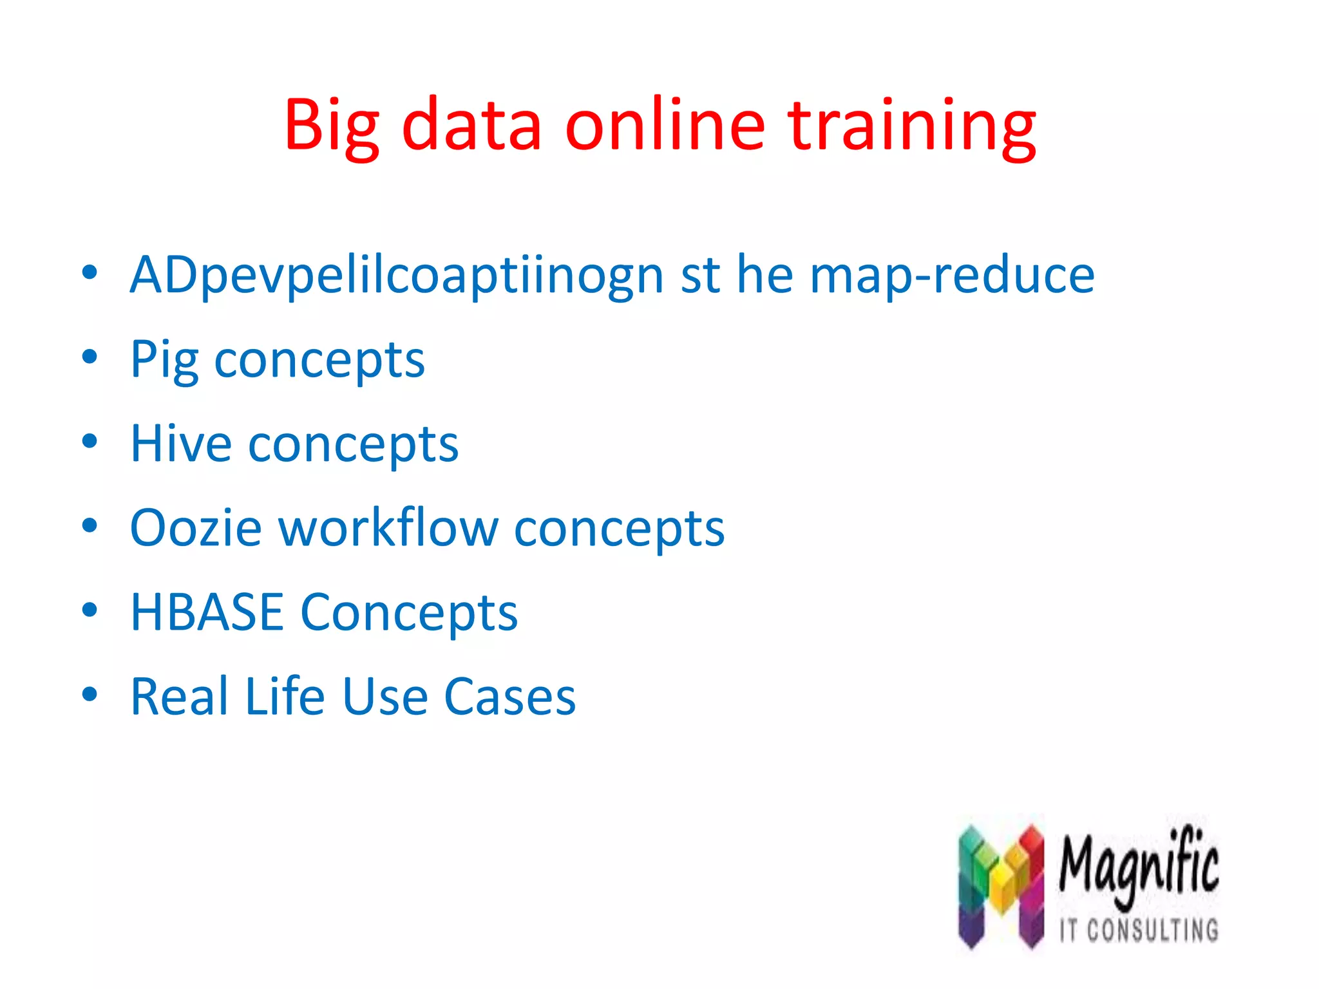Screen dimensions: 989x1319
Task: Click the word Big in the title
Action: point(332,126)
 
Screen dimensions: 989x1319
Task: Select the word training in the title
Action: point(912,126)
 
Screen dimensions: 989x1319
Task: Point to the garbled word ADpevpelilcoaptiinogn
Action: point(397,276)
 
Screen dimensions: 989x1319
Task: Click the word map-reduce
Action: point(951,276)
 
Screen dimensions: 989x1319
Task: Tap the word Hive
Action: point(181,444)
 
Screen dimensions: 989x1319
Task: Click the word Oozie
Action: point(196,528)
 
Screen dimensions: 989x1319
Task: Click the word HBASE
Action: point(207,612)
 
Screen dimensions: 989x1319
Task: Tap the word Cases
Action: point(510,697)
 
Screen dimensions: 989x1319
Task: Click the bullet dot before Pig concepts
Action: point(90,357)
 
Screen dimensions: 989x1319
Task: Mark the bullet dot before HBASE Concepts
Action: point(90,609)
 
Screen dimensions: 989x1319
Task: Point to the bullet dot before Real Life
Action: point(90,693)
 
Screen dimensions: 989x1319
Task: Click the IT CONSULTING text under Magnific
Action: point(1139,930)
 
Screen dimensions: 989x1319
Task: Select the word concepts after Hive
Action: point(354,445)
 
